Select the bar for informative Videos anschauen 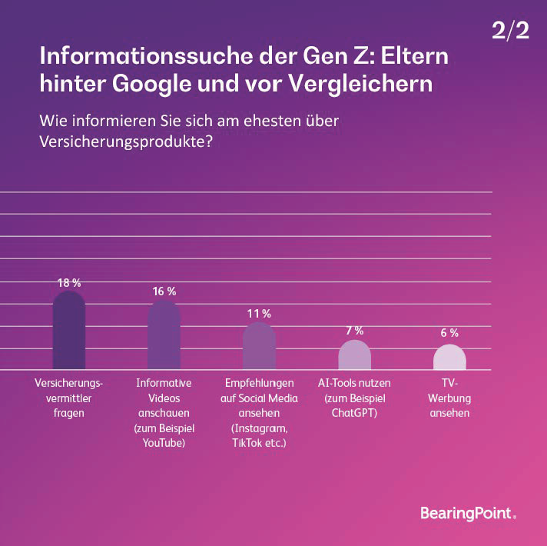coord(164,337)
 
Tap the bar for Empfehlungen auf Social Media coord(259,347)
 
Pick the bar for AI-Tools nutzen coord(354,355)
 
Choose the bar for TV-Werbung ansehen coord(449,358)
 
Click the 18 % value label coord(69,282)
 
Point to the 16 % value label coord(164,291)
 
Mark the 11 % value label coord(259,314)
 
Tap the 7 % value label coord(354,331)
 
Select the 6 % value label coord(449,333)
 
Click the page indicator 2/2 coord(510,32)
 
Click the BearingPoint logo coord(468,513)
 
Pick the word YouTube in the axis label coord(164,444)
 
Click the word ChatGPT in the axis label coord(354,413)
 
